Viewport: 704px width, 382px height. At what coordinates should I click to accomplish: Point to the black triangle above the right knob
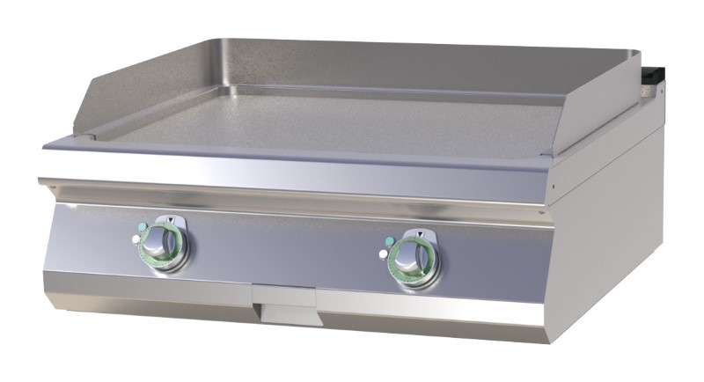point(421,232)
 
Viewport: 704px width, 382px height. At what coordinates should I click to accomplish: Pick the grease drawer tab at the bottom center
point(283,298)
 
